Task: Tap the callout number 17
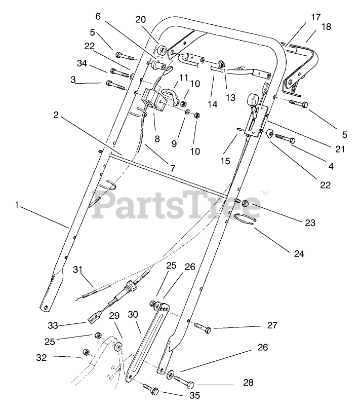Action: point(315,17)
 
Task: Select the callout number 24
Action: point(299,253)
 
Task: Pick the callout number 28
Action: point(248,382)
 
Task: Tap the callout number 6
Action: point(98,16)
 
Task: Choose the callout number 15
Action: point(225,161)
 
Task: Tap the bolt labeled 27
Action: point(203,326)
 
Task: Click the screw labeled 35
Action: point(152,391)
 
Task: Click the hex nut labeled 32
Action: point(86,352)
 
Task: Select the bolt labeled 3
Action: point(115,85)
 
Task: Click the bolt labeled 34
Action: point(119,70)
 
